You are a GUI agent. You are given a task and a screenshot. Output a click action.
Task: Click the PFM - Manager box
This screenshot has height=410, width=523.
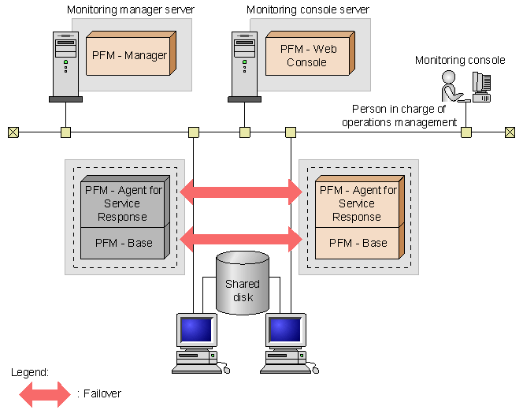tap(128, 55)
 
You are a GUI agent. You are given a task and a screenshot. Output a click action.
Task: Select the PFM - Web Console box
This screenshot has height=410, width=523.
tap(306, 55)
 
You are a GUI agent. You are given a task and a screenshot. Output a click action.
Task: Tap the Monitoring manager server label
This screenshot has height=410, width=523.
tap(131, 10)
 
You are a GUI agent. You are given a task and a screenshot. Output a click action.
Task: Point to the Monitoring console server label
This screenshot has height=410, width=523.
tap(308, 10)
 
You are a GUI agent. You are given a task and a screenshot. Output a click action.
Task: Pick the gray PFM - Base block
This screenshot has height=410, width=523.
tap(124, 243)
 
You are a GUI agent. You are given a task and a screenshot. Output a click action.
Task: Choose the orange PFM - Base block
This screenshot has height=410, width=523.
tap(358, 243)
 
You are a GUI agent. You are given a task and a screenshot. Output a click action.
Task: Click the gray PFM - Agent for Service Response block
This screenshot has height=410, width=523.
tap(124, 203)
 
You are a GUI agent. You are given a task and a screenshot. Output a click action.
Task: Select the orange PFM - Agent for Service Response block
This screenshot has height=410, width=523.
tap(358, 203)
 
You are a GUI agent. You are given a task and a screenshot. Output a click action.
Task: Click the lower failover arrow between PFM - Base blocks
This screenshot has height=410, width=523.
tap(242, 237)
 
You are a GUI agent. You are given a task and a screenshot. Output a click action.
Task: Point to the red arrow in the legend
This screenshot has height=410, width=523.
tap(45, 393)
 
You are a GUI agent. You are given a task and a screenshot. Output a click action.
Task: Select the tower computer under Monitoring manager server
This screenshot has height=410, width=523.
tap(65, 66)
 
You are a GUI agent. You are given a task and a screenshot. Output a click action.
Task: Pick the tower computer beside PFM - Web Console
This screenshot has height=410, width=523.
tap(244, 66)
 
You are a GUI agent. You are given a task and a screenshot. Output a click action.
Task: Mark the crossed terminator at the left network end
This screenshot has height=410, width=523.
tap(13, 132)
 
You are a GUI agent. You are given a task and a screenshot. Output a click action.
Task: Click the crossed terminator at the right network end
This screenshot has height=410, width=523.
tap(510, 132)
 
